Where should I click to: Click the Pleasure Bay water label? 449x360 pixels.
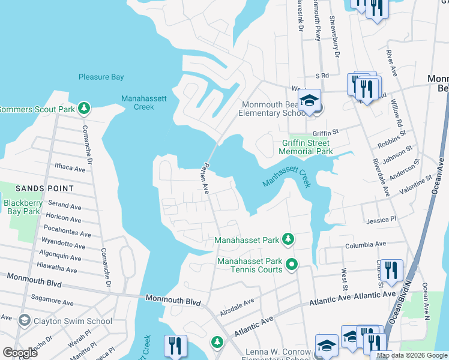click(x=101, y=77)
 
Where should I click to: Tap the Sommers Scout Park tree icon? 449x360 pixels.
click(x=85, y=108)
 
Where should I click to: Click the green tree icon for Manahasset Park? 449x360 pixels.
click(x=288, y=239)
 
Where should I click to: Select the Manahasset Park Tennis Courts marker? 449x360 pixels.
click(x=292, y=263)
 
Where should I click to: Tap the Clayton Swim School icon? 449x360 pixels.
click(x=24, y=320)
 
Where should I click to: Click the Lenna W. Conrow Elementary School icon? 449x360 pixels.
click(x=326, y=346)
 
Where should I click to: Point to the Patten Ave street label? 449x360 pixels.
click(x=205, y=178)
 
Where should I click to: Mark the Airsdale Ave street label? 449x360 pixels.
click(x=237, y=305)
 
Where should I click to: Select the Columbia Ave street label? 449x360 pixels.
click(x=365, y=245)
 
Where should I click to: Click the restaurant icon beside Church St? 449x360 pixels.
click(x=391, y=270)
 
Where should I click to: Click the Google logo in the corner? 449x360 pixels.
click(x=20, y=353)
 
